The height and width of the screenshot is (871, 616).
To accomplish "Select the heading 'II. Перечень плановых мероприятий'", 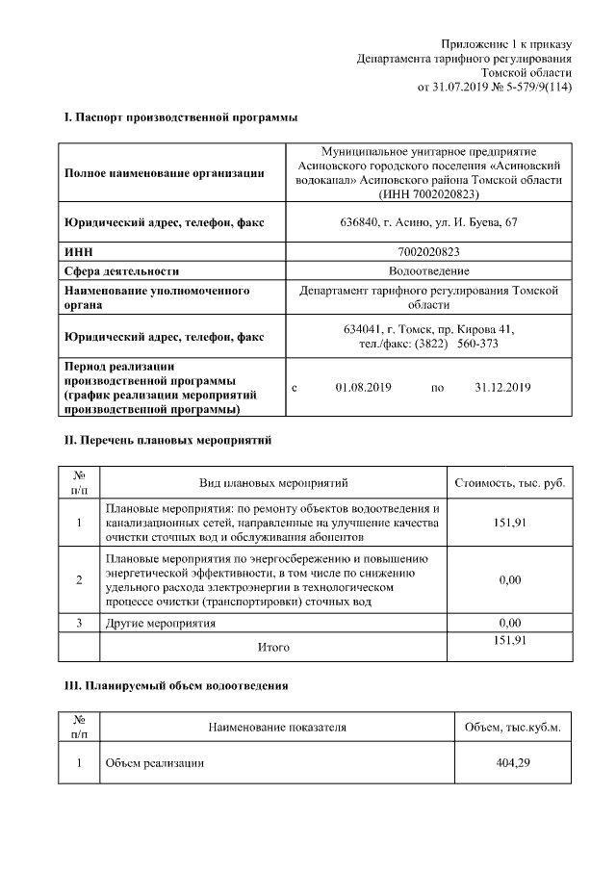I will [x=167, y=440].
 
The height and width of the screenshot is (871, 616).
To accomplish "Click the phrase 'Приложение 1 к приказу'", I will [x=506, y=43].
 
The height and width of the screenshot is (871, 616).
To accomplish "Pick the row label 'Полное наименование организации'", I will [x=164, y=173].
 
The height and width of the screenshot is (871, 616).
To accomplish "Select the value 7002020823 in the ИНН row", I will [x=426, y=251].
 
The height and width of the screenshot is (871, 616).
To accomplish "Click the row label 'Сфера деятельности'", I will [x=121, y=270].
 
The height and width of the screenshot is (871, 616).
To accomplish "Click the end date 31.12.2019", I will [x=502, y=387].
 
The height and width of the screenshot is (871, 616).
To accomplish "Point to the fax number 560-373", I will [x=477, y=344].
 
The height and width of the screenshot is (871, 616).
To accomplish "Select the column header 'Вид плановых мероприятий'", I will [x=273, y=481].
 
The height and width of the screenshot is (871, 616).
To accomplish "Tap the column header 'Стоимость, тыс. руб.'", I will [x=509, y=481].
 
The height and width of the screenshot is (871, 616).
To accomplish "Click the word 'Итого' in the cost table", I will [x=273, y=647].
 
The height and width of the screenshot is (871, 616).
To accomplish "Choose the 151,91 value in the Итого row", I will [x=509, y=640].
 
